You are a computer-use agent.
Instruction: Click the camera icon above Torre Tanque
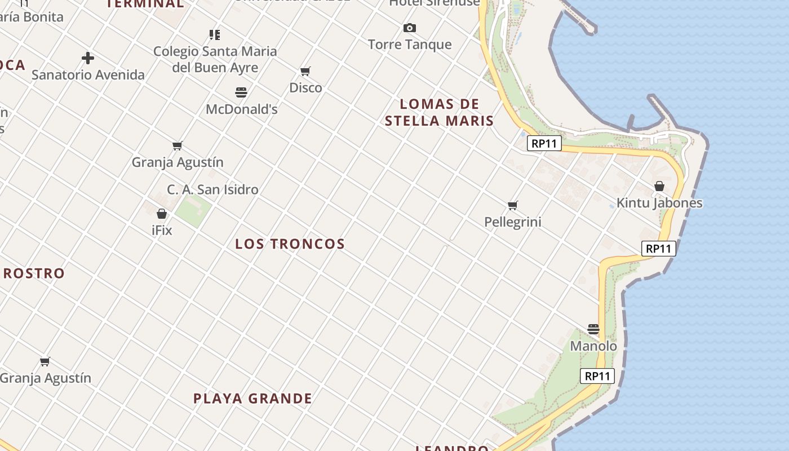point(410,28)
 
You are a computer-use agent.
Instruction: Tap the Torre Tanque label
point(410,45)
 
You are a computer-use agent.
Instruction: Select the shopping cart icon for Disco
point(305,71)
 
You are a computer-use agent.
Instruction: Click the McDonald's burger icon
point(241,92)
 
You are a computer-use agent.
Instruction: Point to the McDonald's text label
point(241,109)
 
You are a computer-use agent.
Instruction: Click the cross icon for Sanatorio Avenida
point(88,58)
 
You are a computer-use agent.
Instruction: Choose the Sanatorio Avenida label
point(88,74)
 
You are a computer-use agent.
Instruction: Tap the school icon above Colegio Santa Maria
point(215,35)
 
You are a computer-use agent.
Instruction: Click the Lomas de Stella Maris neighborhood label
point(439,112)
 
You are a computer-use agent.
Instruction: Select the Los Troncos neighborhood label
point(290,244)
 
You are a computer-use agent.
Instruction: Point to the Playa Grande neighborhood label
point(252,399)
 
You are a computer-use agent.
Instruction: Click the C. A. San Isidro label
point(212,189)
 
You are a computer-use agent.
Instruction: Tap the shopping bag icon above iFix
point(162,214)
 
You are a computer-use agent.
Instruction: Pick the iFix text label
point(162,230)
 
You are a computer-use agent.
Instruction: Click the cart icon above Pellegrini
point(513,205)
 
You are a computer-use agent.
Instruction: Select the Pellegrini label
point(513,222)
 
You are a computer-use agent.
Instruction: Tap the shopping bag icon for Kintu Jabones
point(659,186)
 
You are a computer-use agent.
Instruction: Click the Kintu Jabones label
point(659,203)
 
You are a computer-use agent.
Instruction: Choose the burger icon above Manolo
point(593,329)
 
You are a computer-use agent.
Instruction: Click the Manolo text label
point(593,346)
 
